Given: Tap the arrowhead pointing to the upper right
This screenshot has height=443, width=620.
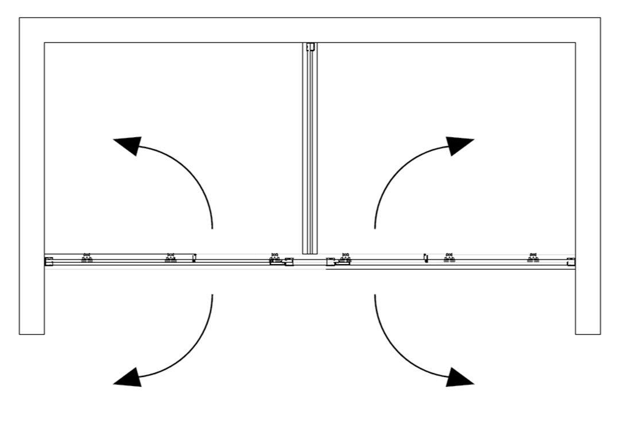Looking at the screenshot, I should coord(460,145).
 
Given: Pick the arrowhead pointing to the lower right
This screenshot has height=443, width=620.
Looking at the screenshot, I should coord(460,378).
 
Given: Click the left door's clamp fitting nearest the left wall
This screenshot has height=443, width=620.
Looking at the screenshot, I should coord(87,259).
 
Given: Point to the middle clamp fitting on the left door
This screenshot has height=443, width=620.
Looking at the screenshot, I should coord(170,259).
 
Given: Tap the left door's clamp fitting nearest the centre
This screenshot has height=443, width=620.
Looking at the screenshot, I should coord(275,259).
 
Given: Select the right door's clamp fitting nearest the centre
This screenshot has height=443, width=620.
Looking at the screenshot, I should coord(345,259).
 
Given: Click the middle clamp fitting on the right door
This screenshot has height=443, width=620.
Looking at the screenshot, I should coord(449,259).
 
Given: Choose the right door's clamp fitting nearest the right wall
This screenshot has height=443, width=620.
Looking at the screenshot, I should coord(533,259).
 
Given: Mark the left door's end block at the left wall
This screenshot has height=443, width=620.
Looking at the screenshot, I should coord(49,262).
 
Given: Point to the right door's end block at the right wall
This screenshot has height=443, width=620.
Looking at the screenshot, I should coord(571,262).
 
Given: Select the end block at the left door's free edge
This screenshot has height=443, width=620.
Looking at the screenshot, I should coord(289,262).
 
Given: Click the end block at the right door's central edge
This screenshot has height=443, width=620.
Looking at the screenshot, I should coord(331,262).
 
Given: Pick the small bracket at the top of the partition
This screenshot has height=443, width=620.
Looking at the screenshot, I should coord(311,47).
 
